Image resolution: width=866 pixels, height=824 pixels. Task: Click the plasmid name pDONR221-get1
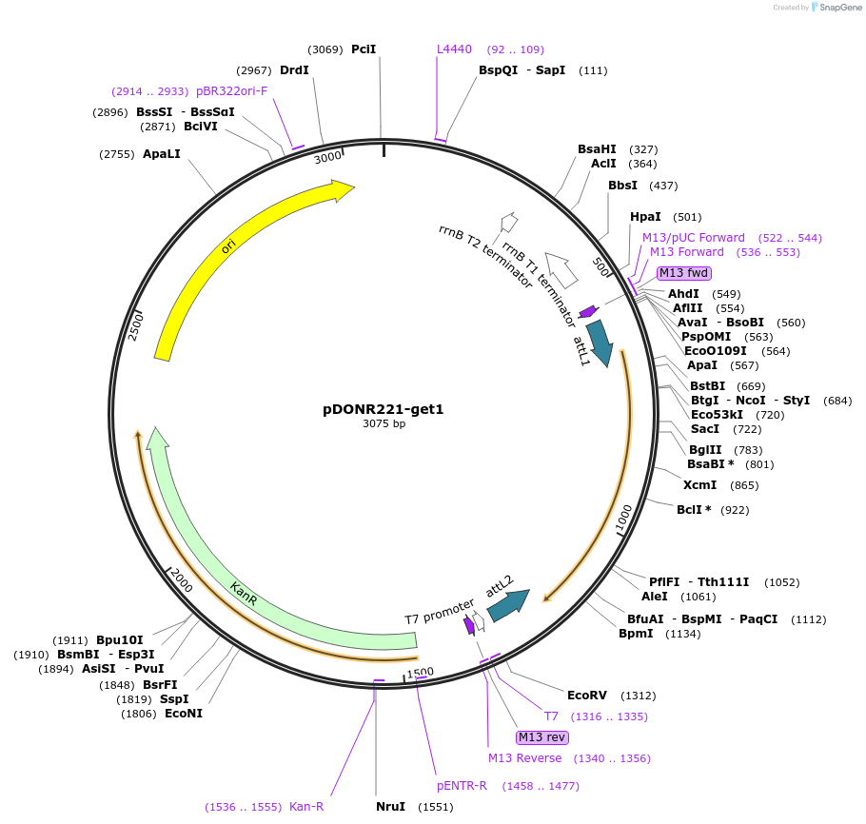point(384,409)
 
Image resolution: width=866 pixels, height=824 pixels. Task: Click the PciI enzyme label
point(364,49)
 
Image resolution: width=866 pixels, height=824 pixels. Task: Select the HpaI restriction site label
point(645,217)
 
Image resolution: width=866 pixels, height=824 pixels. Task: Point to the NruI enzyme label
point(390,806)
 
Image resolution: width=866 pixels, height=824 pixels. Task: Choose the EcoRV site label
point(586,696)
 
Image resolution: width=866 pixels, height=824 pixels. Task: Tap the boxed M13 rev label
point(541,737)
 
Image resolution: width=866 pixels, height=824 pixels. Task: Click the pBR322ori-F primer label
point(232,90)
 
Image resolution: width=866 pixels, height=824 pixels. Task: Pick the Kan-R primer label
point(306,806)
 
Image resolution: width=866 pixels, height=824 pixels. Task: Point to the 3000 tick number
point(327,158)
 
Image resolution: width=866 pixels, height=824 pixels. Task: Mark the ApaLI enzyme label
point(161,153)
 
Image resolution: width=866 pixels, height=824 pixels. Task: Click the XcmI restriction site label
point(699,485)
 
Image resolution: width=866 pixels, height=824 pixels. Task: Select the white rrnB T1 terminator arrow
point(561,272)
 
